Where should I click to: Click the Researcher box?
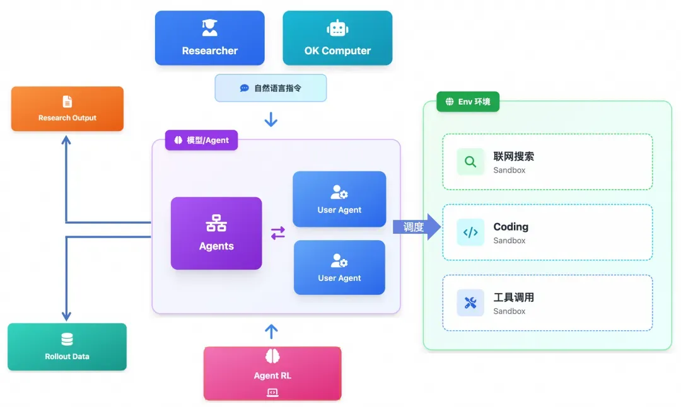click(x=209, y=38)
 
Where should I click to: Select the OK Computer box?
click(x=337, y=38)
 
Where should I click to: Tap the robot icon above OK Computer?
click(x=337, y=28)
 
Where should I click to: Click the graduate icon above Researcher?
click(x=209, y=28)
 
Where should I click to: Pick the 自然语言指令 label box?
click(x=271, y=88)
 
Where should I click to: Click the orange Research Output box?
click(x=67, y=109)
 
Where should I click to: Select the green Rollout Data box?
click(x=67, y=347)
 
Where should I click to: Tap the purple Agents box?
click(x=216, y=233)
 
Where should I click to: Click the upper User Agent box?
click(x=339, y=199)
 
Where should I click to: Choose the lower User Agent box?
click(x=339, y=267)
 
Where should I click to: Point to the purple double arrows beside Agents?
click(x=278, y=233)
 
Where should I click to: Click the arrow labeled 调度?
click(x=417, y=227)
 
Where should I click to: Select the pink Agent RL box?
click(x=272, y=374)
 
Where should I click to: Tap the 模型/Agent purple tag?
click(x=202, y=140)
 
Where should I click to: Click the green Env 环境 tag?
click(x=468, y=101)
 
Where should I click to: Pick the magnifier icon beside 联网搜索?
click(x=470, y=162)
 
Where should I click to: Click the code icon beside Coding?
click(x=470, y=232)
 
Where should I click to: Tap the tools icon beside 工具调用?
click(x=470, y=303)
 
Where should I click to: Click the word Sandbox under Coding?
click(x=509, y=241)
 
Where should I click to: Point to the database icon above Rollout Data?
click(x=67, y=340)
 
